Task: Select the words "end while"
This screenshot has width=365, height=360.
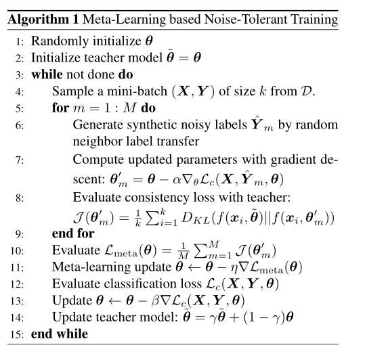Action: (59, 334)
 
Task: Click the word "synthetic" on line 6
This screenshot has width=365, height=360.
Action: (146, 125)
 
